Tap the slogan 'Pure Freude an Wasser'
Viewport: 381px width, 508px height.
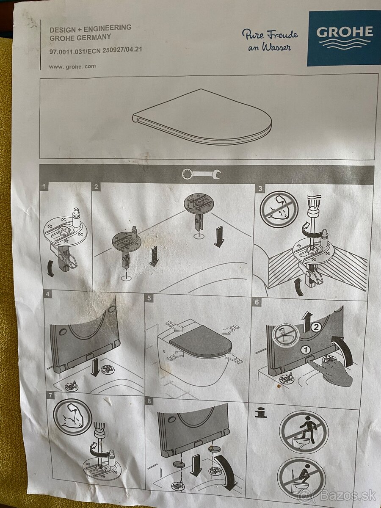(270, 40)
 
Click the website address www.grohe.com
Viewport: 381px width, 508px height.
(72, 66)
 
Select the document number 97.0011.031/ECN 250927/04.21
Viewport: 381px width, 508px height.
(96, 50)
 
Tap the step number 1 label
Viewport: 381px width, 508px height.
(44, 187)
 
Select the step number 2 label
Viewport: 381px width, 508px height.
(97, 187)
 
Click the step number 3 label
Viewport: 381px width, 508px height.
(260, 188)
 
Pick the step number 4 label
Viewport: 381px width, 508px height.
(48, 294)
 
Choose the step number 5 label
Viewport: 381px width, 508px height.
(149, 298)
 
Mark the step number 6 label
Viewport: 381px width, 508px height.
(257, 302)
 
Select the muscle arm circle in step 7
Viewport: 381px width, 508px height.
(72, 417)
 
